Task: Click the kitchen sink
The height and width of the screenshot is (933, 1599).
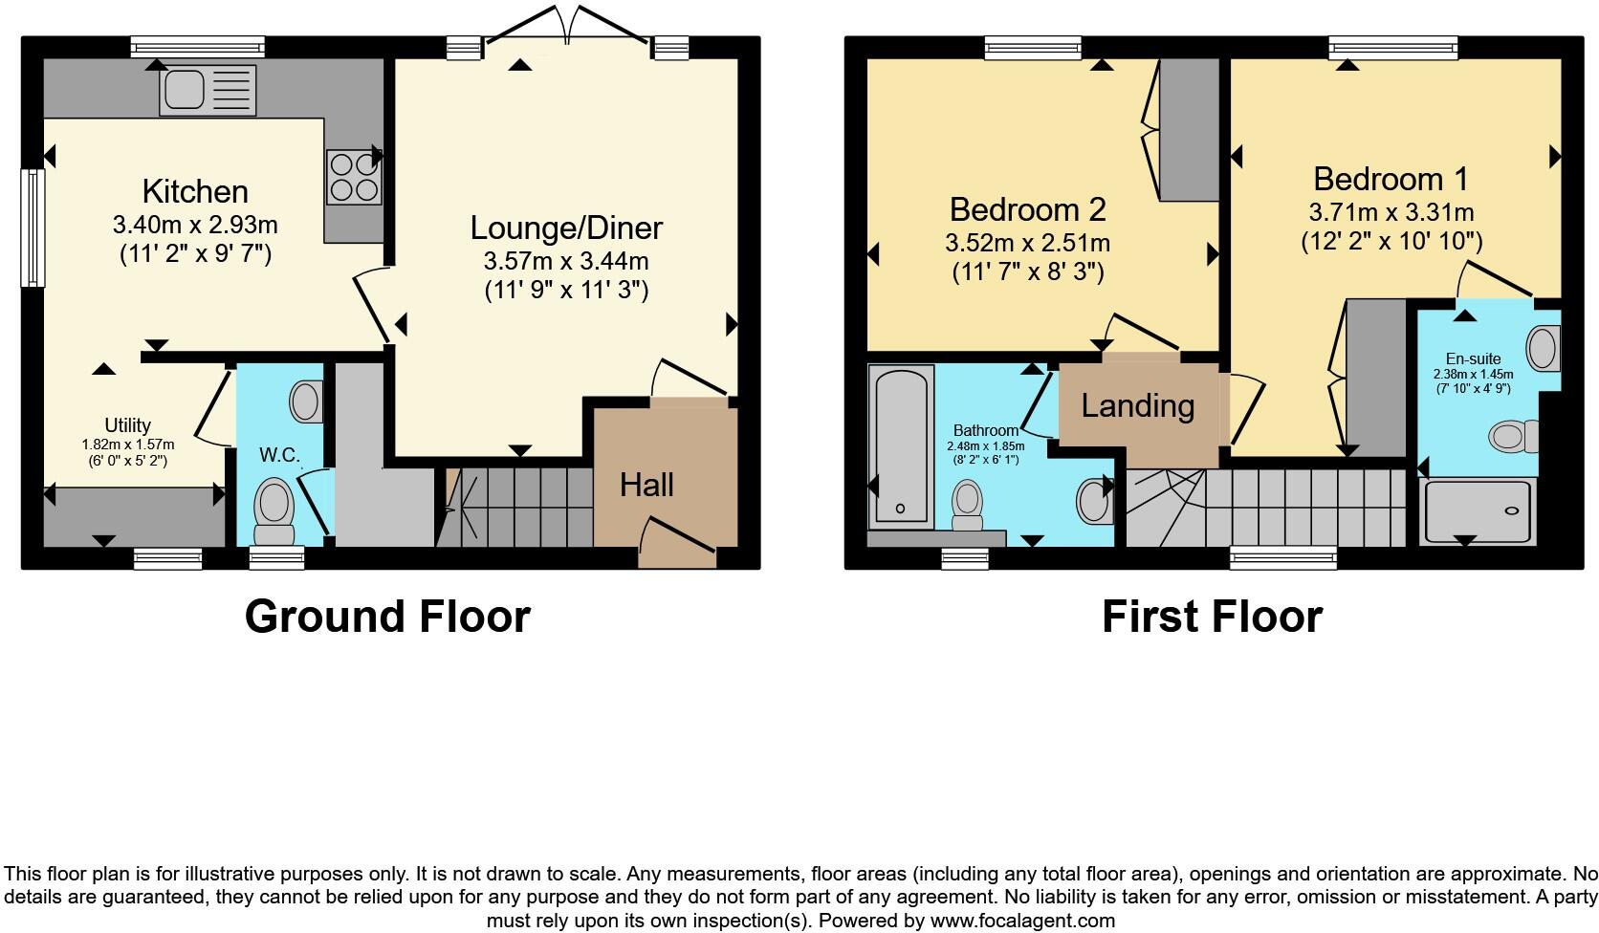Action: click(x=208, y=90)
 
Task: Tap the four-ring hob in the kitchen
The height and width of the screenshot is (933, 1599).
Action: click(x=354, y=178)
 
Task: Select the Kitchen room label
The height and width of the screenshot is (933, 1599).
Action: click(x=195, y=191)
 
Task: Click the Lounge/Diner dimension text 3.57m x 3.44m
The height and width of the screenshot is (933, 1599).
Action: click(x=566, y=261)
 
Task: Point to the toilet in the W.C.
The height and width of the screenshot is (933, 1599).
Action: click(x=274, y=510)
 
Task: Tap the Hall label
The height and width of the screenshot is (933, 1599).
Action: click(x=646, y=485)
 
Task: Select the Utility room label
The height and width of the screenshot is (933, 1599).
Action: click(x=127, y=425)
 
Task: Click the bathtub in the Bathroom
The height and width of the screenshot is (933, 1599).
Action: click(x=901, y=445)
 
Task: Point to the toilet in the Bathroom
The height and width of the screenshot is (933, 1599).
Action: click(x=967, y=505)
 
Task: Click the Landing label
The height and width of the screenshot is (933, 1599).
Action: click(x=1137, y=405)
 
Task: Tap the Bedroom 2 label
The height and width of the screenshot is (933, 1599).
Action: click(x=1027, y=208)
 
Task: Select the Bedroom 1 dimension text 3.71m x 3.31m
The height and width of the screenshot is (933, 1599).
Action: click(x=1391, y=212)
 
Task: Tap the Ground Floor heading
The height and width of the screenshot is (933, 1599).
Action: click(x=387, y=617)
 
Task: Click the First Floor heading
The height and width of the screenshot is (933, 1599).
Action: click(x=1212, y=617)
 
